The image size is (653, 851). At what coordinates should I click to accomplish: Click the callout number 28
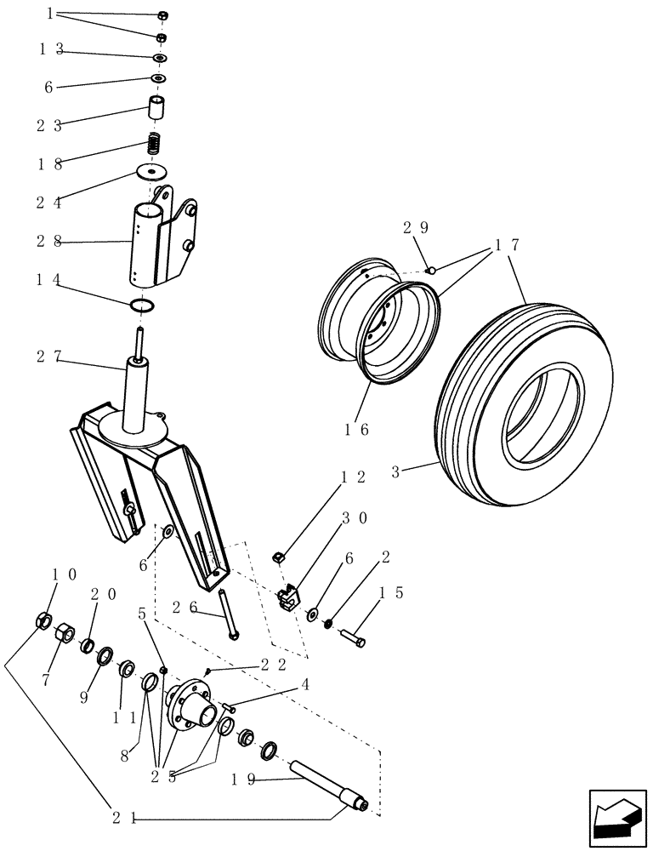[48, 242]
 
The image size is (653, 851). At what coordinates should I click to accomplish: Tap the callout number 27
[48, 357]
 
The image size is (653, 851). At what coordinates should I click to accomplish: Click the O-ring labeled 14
[143, 305]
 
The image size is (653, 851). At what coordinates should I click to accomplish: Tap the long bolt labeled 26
[227, 614]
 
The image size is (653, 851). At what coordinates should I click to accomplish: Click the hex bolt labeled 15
[355, 636]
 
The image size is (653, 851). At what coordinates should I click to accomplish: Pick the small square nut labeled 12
[277, 557]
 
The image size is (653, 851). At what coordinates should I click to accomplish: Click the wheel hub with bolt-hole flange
[191, 704]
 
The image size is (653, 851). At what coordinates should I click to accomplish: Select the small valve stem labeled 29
[430, 271]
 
